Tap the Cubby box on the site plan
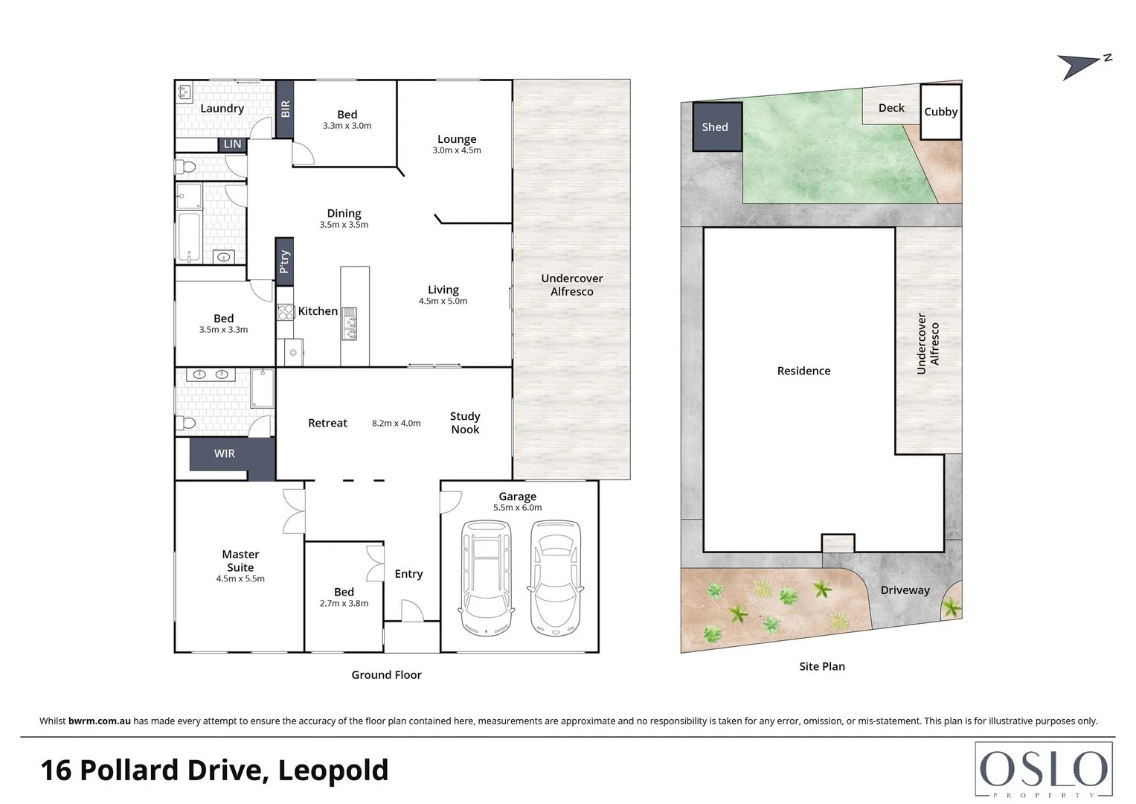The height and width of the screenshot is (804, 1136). (940, 112)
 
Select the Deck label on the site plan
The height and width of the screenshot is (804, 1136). (890, 108)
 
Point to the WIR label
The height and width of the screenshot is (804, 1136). (225, 453)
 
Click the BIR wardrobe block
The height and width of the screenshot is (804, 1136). (285, 109)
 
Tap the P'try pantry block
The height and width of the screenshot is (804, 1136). (284, 261)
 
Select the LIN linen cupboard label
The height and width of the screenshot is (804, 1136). (232, 144)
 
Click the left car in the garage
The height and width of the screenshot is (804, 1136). (487, 578)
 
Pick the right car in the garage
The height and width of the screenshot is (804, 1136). (555, 578)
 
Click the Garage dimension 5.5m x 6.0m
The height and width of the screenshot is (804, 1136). (517, 508)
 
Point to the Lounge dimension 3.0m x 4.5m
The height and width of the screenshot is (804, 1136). (457, 150)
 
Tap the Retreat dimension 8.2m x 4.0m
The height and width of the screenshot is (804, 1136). (396, 424)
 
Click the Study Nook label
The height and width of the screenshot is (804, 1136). (465, 423)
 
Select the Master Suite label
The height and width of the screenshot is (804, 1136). (240, 561)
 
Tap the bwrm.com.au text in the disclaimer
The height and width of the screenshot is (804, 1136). (100, 721)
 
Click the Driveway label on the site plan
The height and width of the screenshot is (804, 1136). (905, 590)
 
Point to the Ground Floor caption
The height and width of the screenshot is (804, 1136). (386, 675)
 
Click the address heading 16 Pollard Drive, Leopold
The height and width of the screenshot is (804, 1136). (214, 770)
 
